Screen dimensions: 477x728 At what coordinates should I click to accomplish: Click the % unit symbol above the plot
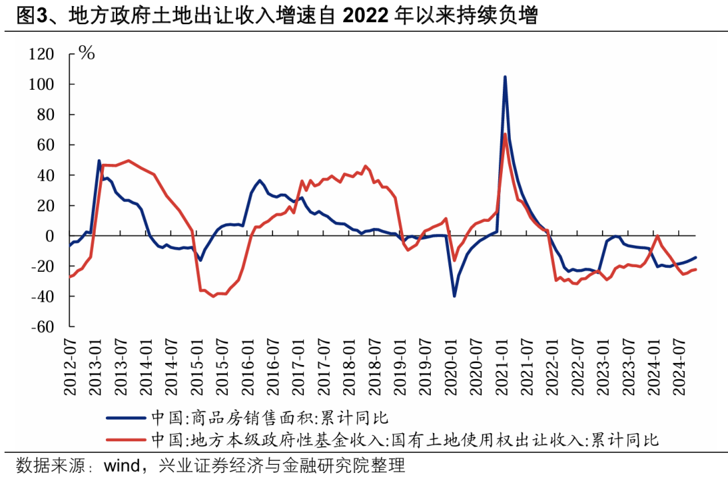pyautogui.click(x=87, y=53)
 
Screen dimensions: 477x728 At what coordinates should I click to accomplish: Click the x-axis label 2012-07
pyautogui.click(x=70, y=367)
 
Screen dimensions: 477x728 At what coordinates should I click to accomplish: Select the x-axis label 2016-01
pyautogui.click(x=248, y=367)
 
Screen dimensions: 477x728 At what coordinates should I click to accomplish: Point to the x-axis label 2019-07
pyautogui.click(x=426, y=367)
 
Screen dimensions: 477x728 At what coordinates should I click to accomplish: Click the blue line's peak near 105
pyautogui.click(x=505, y=77)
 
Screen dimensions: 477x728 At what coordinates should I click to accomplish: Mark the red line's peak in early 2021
pyautogui.click(x=505, y=134)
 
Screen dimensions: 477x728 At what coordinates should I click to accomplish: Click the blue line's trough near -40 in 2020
pyautogui.click(x=454, y=296)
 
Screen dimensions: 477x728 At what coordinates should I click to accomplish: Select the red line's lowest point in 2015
pyautogui.click(x=214, y=296)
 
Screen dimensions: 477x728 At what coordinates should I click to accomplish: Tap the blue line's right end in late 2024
pyautogui.click(x=696, y=257)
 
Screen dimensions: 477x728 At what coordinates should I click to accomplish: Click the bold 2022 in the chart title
pyautogui.click(x=366, y=16)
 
